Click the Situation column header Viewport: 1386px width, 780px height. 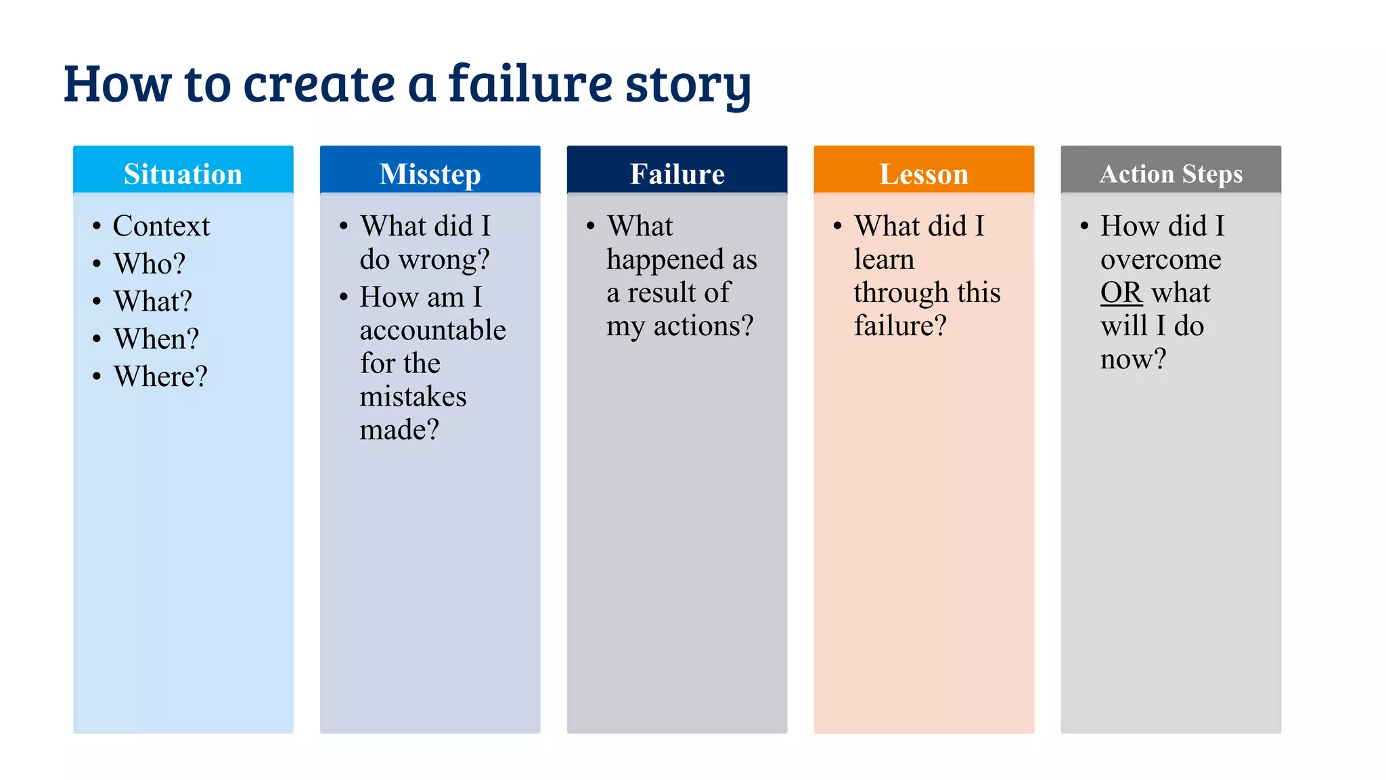183,173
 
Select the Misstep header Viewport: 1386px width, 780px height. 430,173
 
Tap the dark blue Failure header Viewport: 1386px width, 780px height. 677,173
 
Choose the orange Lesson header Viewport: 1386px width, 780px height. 924,173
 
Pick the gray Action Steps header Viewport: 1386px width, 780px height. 1171,173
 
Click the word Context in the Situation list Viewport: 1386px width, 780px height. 161,226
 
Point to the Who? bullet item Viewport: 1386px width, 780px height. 149,263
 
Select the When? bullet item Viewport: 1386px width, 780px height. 156,339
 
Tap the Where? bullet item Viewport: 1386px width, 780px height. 160,376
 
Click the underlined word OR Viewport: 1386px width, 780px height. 1121,292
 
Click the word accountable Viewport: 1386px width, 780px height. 432,330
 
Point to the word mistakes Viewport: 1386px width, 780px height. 413,397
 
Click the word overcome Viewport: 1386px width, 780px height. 1161,259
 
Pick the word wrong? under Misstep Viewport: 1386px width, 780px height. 444,260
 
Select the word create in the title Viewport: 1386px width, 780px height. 319,84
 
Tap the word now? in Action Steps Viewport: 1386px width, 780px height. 1133,359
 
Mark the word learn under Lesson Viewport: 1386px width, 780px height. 884,259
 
